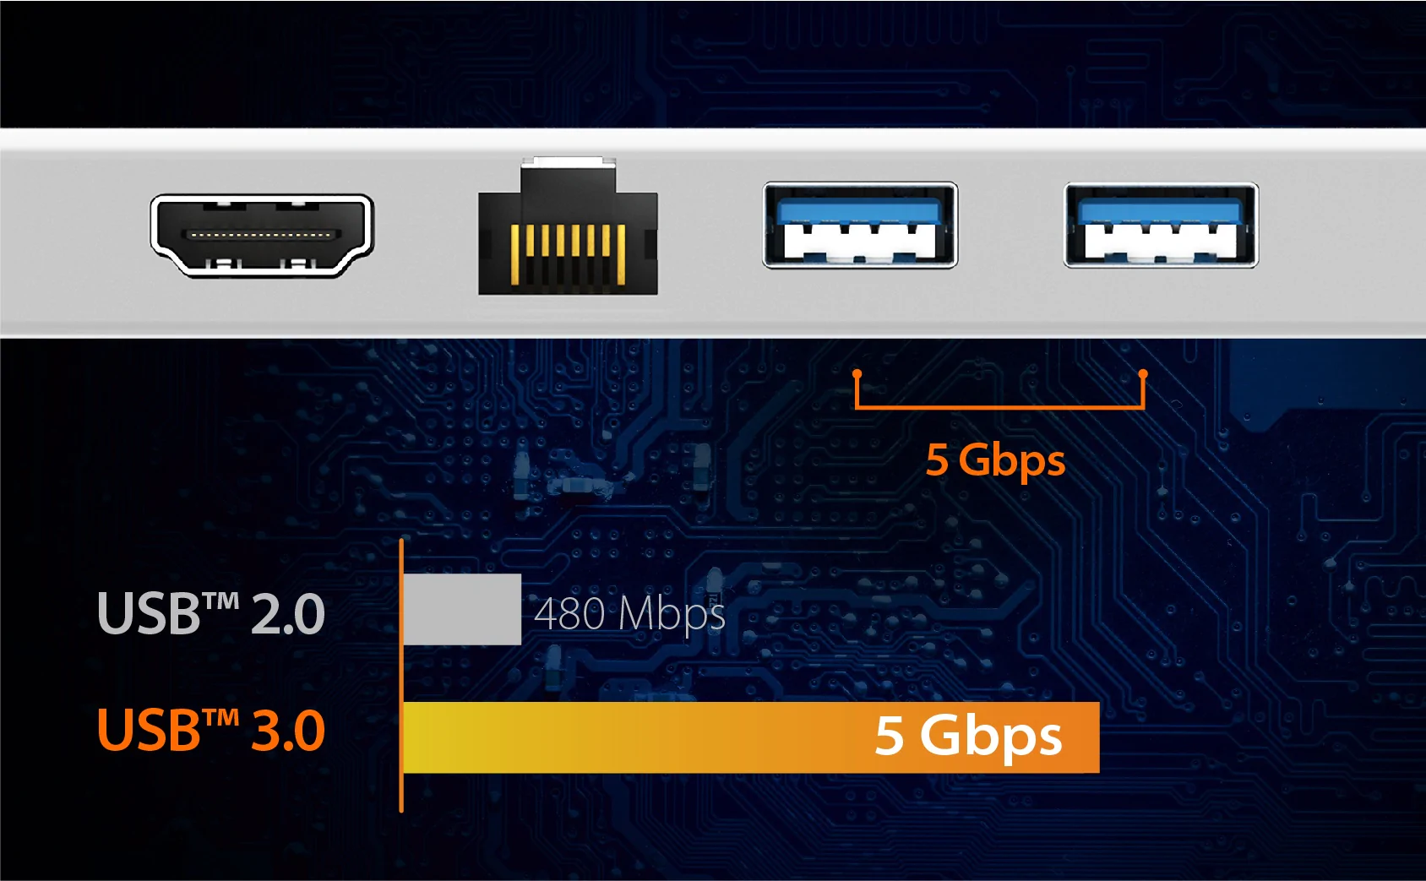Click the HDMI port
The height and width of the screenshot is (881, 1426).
click(x=262, y=235)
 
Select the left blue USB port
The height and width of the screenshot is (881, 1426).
click(x=860, y=226)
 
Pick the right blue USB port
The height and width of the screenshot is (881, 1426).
click(x=1161, y=226)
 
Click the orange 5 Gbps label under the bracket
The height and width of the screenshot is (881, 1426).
click(x=995, y=460)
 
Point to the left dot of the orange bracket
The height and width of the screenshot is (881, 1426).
click(x=857, y=373)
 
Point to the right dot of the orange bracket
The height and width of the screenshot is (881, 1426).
click(x=1143, y=373)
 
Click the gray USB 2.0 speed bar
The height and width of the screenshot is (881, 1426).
click(x=462, y=609)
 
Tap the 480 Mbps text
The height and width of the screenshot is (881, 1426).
click(x=629, y=613)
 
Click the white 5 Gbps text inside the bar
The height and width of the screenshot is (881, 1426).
click(x=968, y=737)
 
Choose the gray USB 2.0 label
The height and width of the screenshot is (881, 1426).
click(x=211, y=613)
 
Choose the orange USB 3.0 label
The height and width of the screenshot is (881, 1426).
click(x=211, y=731)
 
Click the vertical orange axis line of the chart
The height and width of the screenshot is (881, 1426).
click(x=401, y=676)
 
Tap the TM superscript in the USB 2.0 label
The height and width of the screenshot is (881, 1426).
click(x=221, y=600)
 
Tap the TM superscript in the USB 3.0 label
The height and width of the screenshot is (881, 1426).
click(x=221, y=717)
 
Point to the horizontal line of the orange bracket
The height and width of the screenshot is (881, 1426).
click(x=999, y=407)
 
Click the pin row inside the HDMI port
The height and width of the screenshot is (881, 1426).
click(x=261, y=235)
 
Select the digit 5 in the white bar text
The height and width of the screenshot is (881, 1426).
click(x=890, y=735)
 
